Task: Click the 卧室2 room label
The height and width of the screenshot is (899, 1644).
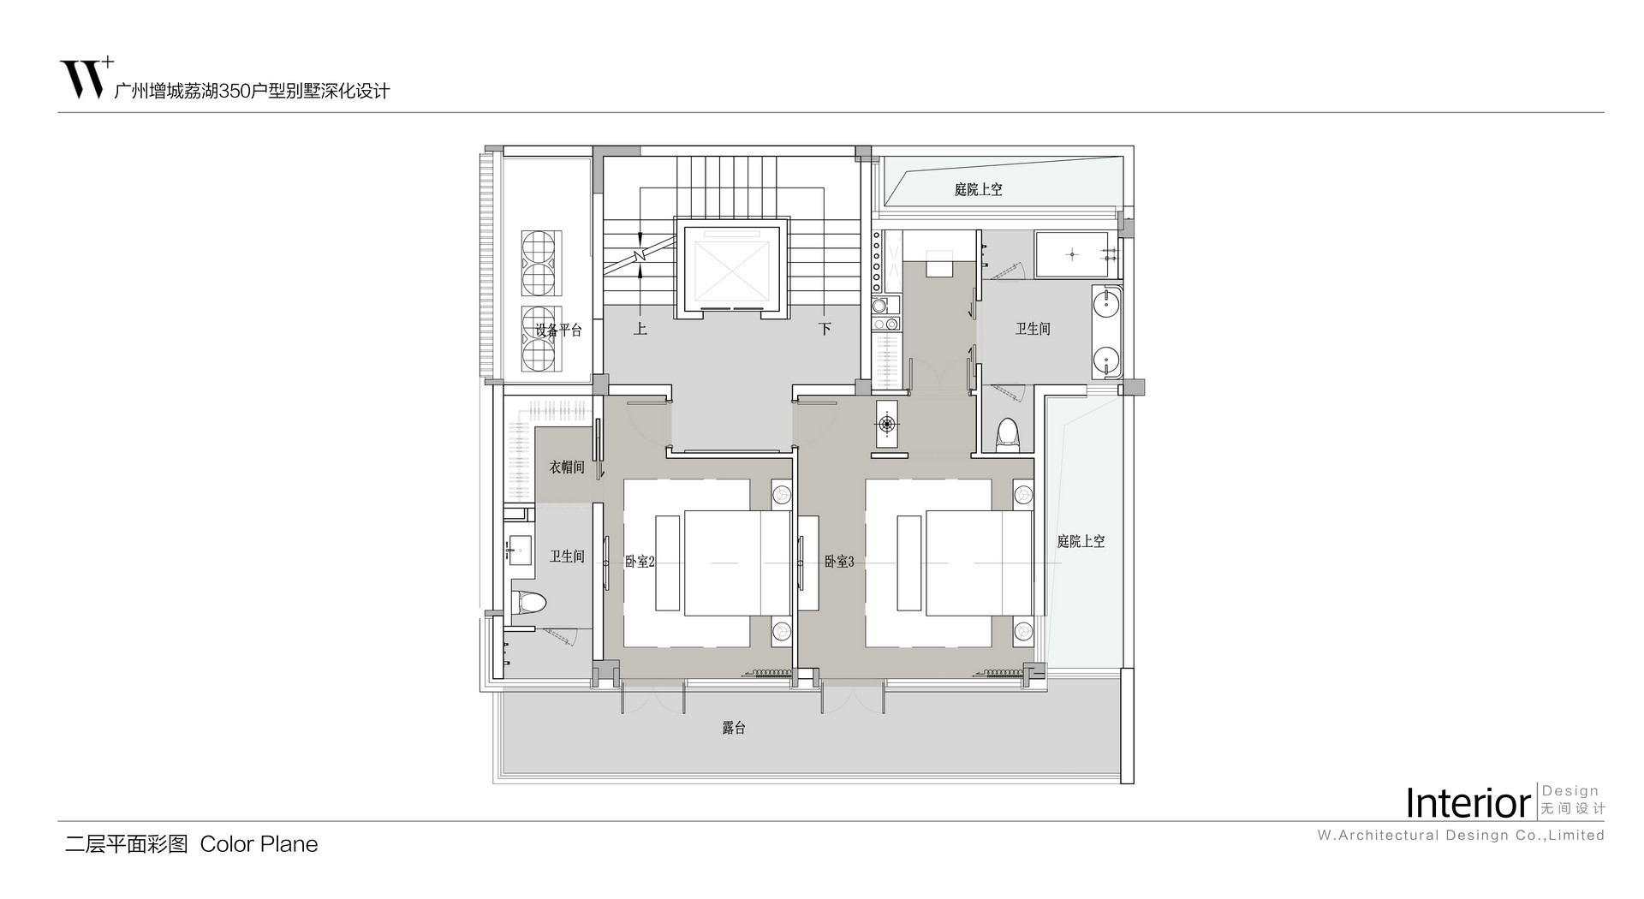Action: pyautogui.click(x=640, y=562)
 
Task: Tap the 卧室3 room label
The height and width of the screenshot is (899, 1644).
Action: pyautogui.click(x=839, y=562)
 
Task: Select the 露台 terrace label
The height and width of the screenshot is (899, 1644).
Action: pyautogui.click(x=734, y=728)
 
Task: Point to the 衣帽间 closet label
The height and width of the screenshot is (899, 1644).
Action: pyautogui.click(x=567, y=467)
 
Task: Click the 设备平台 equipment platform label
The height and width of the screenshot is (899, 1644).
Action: pyautogui.click(x=558, y=330)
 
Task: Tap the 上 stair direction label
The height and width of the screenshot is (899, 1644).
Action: pyautogui.click(x=640, y=328)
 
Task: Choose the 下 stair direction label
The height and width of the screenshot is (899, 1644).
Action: pyautogui.click(x=825, y=328)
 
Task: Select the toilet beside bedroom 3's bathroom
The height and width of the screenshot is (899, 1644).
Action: pyautogui.click(x=1009, y=435)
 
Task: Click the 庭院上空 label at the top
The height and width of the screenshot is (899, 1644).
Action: pyautogui.click(x=978, y=189)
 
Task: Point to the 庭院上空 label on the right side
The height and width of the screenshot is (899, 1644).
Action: pyautogui.click(x=1081, y=541)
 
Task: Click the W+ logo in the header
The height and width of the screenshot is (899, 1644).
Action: pyautogui.click(x=86, y=78)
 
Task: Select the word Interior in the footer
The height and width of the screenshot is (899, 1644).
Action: pyautogui.click(x=1468, y=803)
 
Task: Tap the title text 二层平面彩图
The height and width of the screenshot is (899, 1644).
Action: pyautogui.click(x=127, y=844)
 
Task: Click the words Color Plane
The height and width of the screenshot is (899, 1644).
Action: pyautogui.click(x=259, y=844)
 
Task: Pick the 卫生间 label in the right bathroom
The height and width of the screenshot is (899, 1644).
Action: pyautogui.click(x=1033, y=328)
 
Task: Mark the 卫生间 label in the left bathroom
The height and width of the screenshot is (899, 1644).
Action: pyautogui.click(x=567, y=557)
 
